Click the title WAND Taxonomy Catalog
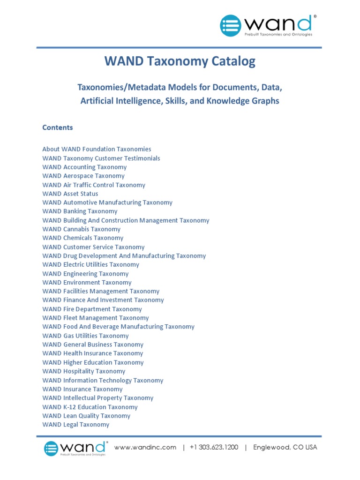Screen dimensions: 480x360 180,61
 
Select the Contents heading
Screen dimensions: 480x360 58,127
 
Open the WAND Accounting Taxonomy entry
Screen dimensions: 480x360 84,167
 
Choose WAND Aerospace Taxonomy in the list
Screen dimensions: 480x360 83,176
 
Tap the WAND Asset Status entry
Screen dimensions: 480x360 70,194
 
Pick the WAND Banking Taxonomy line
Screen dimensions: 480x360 80,211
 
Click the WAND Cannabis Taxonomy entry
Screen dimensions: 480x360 81,229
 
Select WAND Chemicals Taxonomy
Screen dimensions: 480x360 82,238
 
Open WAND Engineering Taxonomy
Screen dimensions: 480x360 85,274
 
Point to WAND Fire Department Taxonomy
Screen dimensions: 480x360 92,309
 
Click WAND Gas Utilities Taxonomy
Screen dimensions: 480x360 85,336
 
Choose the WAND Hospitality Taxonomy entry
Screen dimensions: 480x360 84,371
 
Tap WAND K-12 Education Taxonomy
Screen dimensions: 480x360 90,407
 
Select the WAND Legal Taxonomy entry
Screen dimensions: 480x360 76,425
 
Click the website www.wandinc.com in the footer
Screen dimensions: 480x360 145,447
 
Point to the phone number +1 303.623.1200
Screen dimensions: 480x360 214,447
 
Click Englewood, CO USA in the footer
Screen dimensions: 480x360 285,447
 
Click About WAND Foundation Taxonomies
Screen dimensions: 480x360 97,149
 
